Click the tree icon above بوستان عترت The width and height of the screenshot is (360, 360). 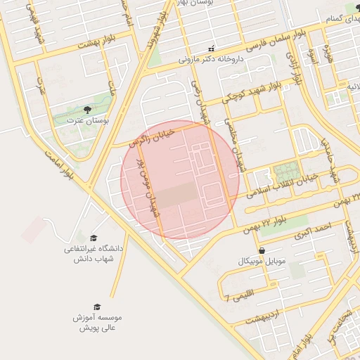[x=87, y=110]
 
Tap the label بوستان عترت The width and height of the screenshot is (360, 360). [x=88, y=121]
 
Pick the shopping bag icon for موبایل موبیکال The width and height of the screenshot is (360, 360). [x=262, y=250]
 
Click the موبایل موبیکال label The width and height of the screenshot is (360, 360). [x=262, y=262]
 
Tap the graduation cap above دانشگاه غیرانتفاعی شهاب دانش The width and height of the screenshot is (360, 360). [x=94, y=238]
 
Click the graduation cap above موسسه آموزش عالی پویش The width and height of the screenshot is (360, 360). [x=97, y=307]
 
